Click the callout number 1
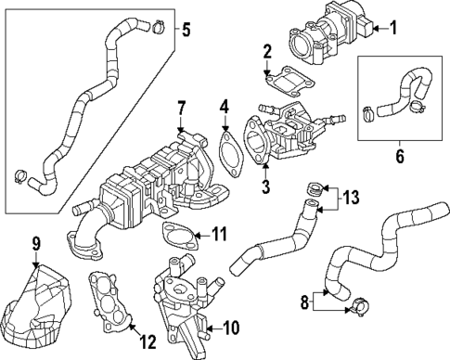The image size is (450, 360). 393,28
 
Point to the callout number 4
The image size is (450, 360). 225,117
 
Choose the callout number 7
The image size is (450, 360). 182,109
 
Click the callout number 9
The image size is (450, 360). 36,245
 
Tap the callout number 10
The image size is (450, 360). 231,327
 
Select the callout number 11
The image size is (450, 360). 219,232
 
